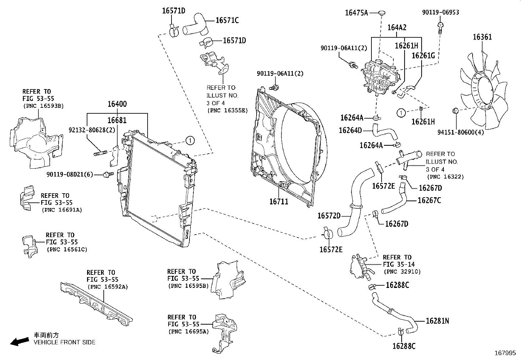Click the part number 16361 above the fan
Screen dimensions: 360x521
click(482, 37)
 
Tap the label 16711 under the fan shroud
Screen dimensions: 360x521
click(279, 201)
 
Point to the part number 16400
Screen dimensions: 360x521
click(117, 104)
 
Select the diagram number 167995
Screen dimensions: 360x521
click(505, 353)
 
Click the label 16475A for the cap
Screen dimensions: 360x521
click(356, 13)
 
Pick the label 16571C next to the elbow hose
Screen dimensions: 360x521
click(227, 20)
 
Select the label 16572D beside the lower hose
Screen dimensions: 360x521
click(329, 216)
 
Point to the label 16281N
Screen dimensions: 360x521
click(437, 321)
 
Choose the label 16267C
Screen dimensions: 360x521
click(429, 200)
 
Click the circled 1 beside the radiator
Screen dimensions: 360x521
click(189, 141)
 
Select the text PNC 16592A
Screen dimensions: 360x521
click(107, 287)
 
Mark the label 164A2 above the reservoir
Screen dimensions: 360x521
click(397, 28)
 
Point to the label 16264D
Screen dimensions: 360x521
click(350, 130)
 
